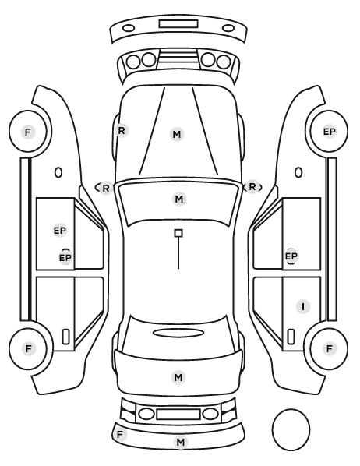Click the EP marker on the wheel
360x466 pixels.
point(329,132)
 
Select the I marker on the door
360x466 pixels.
point(303,306)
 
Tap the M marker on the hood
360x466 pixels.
point(177,134)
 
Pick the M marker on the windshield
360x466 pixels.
point(179,199)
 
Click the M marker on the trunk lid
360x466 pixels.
point(178,377)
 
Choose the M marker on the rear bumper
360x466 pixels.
point(181,442)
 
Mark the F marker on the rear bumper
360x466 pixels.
point(120,435)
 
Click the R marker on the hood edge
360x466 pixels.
point(122,130)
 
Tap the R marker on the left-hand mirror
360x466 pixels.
point(106,188)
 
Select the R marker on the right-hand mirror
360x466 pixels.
point(252,187)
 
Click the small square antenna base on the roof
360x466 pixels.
point(178,233)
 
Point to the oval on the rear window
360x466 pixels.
point(178,333)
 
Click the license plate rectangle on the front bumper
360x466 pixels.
point(178,24)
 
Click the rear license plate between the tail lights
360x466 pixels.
point(178,415)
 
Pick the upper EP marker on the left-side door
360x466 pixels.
point(60,231)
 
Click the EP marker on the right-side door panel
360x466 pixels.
point(291,256)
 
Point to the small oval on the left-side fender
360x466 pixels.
point(58,172)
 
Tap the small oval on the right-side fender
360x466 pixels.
point(298,172)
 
